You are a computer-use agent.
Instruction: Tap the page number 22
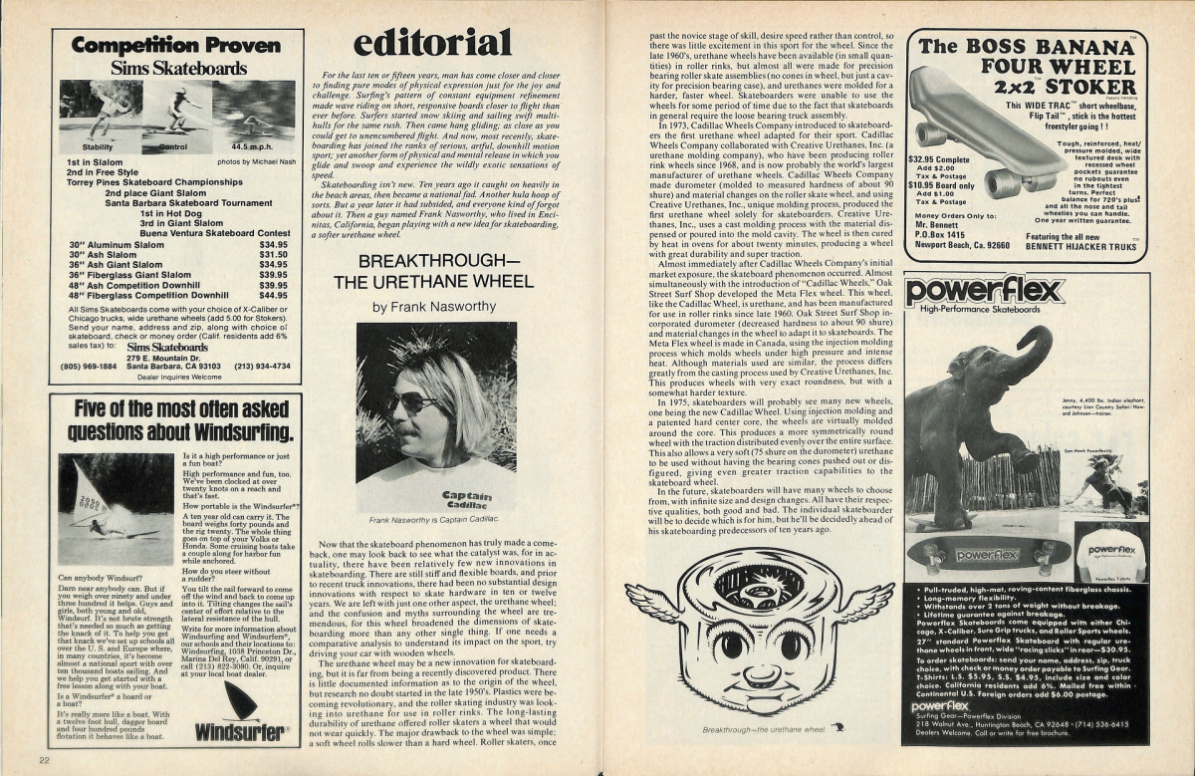click(45, 761)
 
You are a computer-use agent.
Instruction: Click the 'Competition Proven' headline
click(176, 45)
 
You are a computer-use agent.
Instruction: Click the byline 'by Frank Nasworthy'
click(435, 307)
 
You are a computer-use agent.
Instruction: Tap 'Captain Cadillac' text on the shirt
click(466, 499)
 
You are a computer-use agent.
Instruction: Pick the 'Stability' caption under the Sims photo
click(97, 145)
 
